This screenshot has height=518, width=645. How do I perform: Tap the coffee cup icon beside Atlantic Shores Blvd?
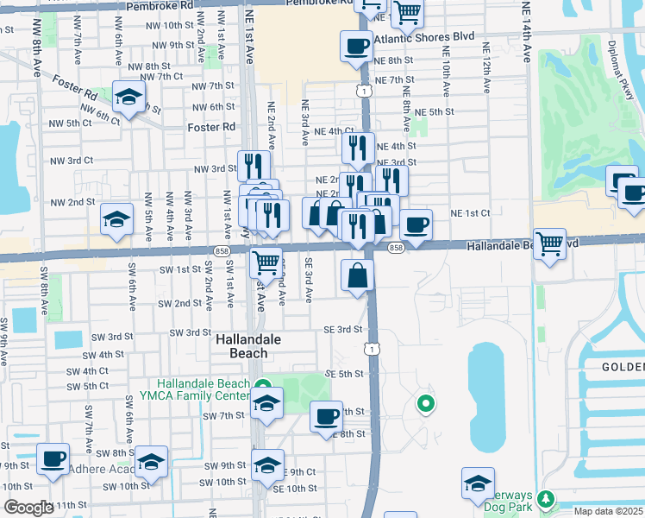point(355,47)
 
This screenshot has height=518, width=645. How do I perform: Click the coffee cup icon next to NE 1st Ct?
point(416,225)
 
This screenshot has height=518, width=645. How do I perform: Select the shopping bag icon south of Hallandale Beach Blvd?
point(357,276)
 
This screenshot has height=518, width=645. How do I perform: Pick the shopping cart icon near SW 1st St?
point(266,261)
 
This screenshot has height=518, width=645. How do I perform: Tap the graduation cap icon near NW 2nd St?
point(116,220)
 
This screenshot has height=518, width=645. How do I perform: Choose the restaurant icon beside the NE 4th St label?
point(358,148)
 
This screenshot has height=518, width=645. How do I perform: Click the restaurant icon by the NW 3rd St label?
point(254,165)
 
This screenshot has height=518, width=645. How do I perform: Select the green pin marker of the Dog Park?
point(545,499)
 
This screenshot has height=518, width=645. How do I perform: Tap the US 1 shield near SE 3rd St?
point(369,348)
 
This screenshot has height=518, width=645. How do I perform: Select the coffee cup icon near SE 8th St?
point(325,418)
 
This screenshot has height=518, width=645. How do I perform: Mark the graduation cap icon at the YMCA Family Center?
point(266,403)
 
